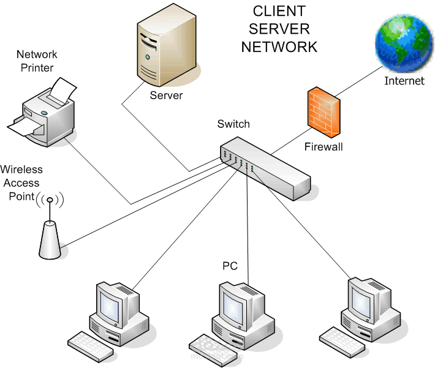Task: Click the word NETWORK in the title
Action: (279, 47)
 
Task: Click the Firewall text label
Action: (323, 147)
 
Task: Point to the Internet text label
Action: (404, 81)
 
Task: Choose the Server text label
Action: (166, 96)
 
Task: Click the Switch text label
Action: (233, 124)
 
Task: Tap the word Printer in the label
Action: (37, 67)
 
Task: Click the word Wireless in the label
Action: (21, 169)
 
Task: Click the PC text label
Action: (230, 266)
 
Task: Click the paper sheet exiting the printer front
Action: (25, 129)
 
